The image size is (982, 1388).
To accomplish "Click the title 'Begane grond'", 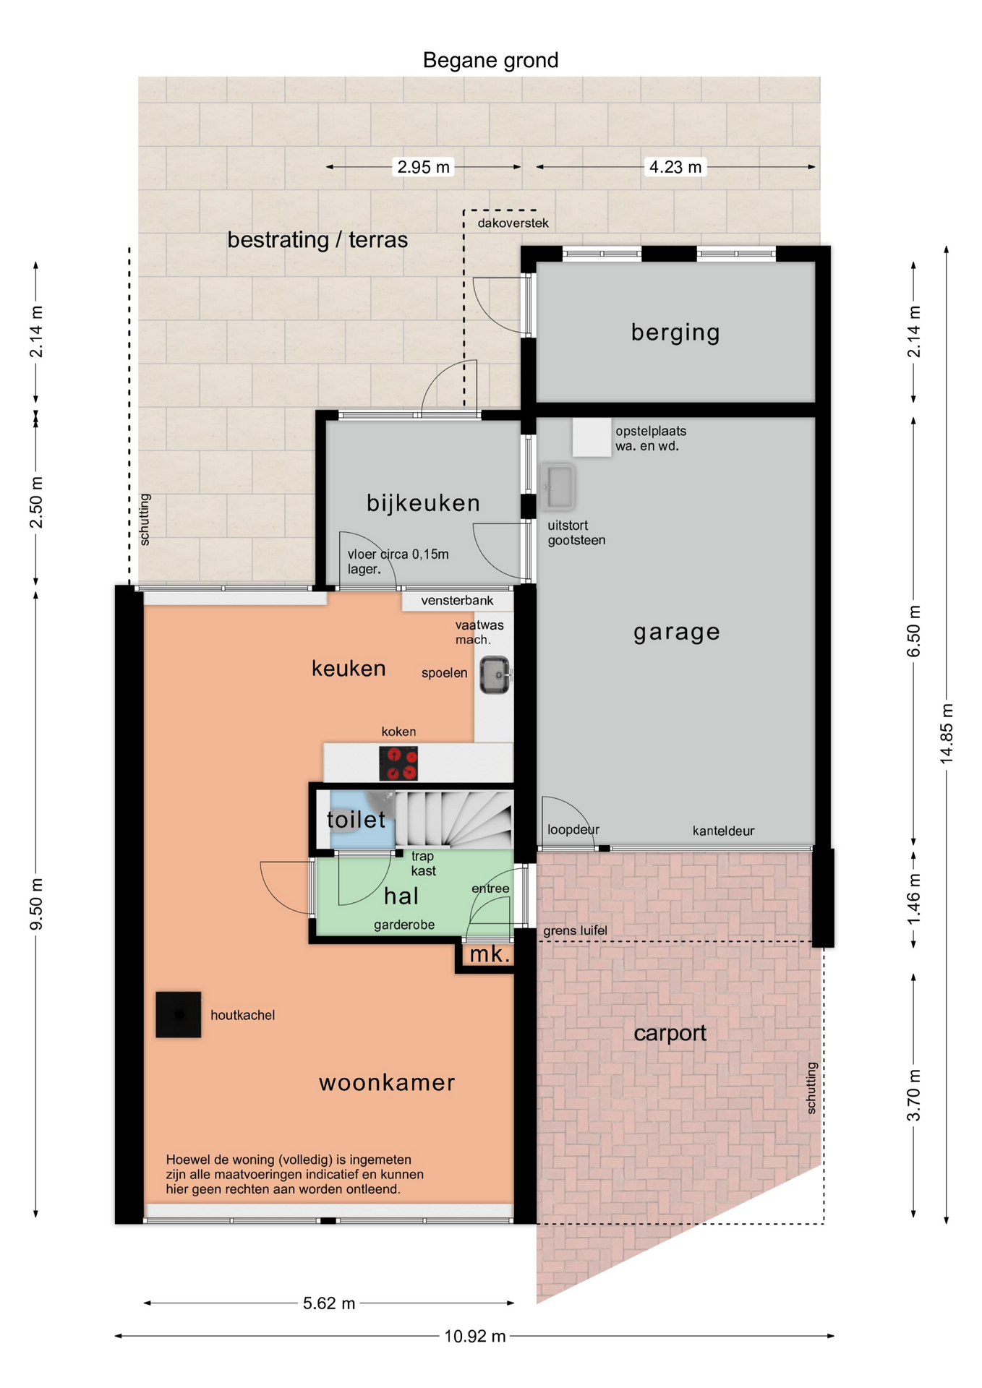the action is (490, 60).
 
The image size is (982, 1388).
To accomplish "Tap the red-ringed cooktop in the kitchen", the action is (398, 763).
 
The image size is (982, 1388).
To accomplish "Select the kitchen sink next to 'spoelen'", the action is (495, 674).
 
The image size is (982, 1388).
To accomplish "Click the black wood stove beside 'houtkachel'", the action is (179, 1014).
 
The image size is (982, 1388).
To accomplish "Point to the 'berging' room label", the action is (675, 332).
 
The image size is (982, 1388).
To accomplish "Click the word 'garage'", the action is (677, 632).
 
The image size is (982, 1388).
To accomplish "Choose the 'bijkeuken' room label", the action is (423, 502).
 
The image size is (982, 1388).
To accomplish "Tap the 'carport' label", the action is (670, 1033).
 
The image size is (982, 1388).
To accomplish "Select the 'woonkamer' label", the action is (387, 1082).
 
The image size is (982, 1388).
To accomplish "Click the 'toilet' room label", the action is (356, 819).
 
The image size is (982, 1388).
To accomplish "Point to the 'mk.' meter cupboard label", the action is (490, 954).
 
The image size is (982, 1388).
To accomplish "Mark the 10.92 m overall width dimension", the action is (474, 1336).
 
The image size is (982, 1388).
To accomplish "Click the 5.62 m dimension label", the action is (329, 1303).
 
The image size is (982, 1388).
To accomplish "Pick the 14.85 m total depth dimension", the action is (947, 733).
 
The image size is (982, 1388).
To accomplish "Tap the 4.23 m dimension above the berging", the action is (675, 167).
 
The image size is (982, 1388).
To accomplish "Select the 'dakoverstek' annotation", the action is (513, 223).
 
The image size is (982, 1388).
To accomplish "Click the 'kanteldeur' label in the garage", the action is (723, 831).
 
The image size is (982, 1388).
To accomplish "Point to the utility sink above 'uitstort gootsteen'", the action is (558, 486).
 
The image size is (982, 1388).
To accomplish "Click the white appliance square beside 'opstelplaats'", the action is (592, 437).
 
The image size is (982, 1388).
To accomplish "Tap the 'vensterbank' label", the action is (457, 600).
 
